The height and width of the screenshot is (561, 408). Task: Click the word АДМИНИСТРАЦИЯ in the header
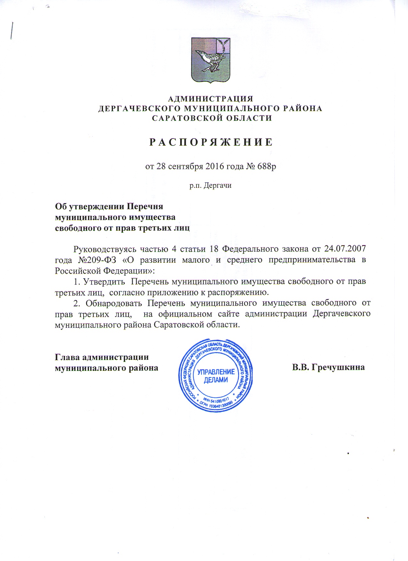pos(211,99)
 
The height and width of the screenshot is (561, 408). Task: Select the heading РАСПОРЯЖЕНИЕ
pos(211,142)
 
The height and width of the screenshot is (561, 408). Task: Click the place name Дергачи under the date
pos(218,186)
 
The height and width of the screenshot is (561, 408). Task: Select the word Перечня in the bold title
pos(145,206)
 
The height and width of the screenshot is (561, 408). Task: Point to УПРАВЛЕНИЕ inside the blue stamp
pos(216,372)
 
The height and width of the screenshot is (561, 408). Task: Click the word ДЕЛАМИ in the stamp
pos(216,380)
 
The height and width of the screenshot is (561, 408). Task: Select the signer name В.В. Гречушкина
pos(328,367)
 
